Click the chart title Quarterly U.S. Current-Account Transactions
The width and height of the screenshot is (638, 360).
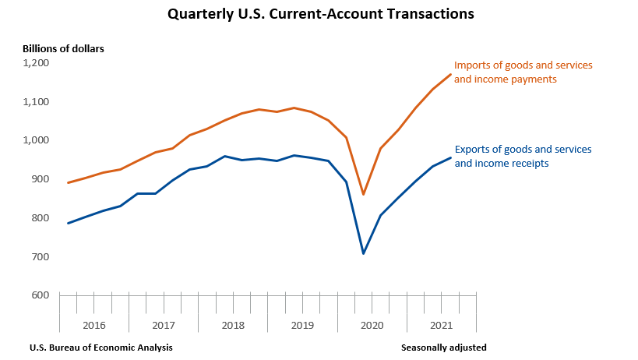pyautogui.click(x=320, y=14)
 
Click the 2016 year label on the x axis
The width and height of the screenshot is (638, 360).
pyautogui.click(x=93, y=323)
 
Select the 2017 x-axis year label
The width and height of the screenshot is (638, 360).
pyautogui.click(x=163, y=323)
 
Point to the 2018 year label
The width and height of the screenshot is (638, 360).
pyautogui.click(x=232, y=323)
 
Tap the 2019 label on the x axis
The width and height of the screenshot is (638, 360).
pyautogui.click(x=301, y=323)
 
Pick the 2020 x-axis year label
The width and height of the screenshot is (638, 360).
pyautogui.click(x=371, y=323)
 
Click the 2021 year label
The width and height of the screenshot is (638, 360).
pyautogui.click(x=440, y=323)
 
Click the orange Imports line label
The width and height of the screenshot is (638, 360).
pyautogui.click(x=523, y=72)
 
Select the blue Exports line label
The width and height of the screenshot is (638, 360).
pyautogui.click(x=523, y=156)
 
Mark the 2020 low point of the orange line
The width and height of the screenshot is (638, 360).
pyautogui.click(x=363, y=195)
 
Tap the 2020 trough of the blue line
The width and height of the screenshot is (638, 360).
pyautogui.click(x=363, y=253)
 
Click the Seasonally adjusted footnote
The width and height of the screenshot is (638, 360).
pyautogui.click(x=444, y=348)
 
